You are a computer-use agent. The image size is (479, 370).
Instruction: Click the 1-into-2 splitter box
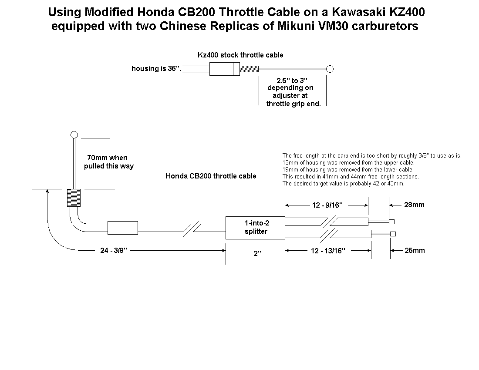click(x=255, y=227)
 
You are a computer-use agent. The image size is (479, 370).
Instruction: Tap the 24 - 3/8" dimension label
click(x=113, y=250)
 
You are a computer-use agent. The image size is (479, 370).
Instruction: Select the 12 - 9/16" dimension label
click(x=327, y=205)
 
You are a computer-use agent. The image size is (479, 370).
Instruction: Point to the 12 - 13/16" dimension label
click(x=328, y=251)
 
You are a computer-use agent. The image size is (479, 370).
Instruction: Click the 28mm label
click(x=414, y=205)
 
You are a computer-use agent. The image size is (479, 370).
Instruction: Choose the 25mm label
click(x=414, y=250)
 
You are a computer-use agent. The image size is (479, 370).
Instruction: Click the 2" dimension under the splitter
click(x=257, y=253)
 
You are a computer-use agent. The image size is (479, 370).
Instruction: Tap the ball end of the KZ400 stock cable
click(x=330, y=69)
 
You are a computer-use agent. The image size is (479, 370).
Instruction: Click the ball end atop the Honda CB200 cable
click(x=74, y=134)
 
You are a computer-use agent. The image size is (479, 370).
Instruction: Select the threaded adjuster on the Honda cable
click(x=74, y=198)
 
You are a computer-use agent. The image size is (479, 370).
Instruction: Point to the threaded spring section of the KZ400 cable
click(x=250, y=69)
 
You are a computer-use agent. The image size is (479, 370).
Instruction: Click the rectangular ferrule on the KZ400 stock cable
click(x=224, y=69)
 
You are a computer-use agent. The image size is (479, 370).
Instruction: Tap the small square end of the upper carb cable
click(x=391, y=222)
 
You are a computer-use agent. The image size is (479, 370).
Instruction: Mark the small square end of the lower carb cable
click(x=394, y=234)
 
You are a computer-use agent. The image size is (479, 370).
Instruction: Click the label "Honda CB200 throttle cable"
click(x=211, y=176)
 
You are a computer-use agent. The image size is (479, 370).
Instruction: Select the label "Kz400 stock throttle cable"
click(x=240, y=55)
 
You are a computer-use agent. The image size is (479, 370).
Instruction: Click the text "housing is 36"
click(x=156, y=69)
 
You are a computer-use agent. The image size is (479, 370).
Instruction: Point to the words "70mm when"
click(x=107, y=158)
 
